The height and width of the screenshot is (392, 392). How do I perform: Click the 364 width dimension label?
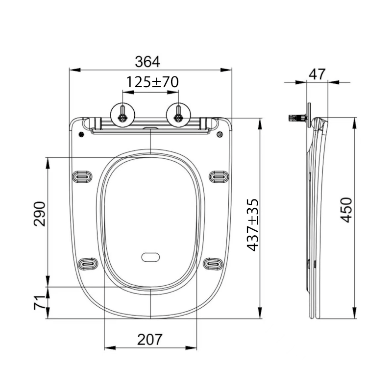point(147,62)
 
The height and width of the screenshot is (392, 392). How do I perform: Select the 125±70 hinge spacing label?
point(151,82)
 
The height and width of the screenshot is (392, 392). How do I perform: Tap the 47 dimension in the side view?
point(318,74)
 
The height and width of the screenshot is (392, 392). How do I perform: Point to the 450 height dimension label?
point(346,210)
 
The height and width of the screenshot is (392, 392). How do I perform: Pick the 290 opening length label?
point(40,214)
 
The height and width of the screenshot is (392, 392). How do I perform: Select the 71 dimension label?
point(40,300)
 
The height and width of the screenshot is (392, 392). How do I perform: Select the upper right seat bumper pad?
point(219,176)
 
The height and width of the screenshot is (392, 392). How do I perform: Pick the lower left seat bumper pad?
point(88,264)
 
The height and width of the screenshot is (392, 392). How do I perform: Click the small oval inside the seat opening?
point(150,257)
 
